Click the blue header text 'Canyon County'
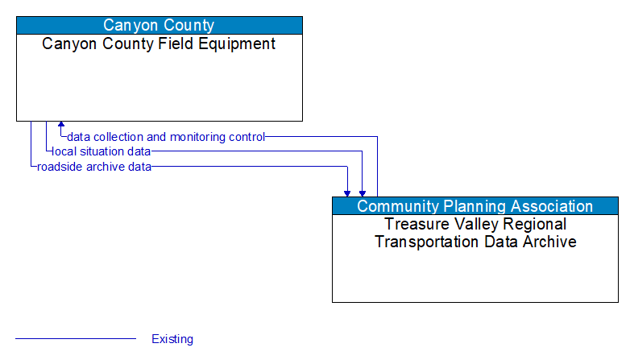pos(160,25)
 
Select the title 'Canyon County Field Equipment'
pos(160,43)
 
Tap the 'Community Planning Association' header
pos(475,206)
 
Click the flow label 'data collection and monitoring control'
pos(166,137)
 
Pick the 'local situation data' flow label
pos(101,151)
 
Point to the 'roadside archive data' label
pos(94,167)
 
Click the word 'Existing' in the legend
pos(172,339)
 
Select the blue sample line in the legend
pos(76,339)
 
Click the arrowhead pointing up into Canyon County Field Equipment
pos(61,126)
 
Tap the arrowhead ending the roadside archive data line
pos(347,192)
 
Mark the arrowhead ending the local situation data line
pos(363,192)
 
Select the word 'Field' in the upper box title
pos(179,43)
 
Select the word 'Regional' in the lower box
pos(533,224)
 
